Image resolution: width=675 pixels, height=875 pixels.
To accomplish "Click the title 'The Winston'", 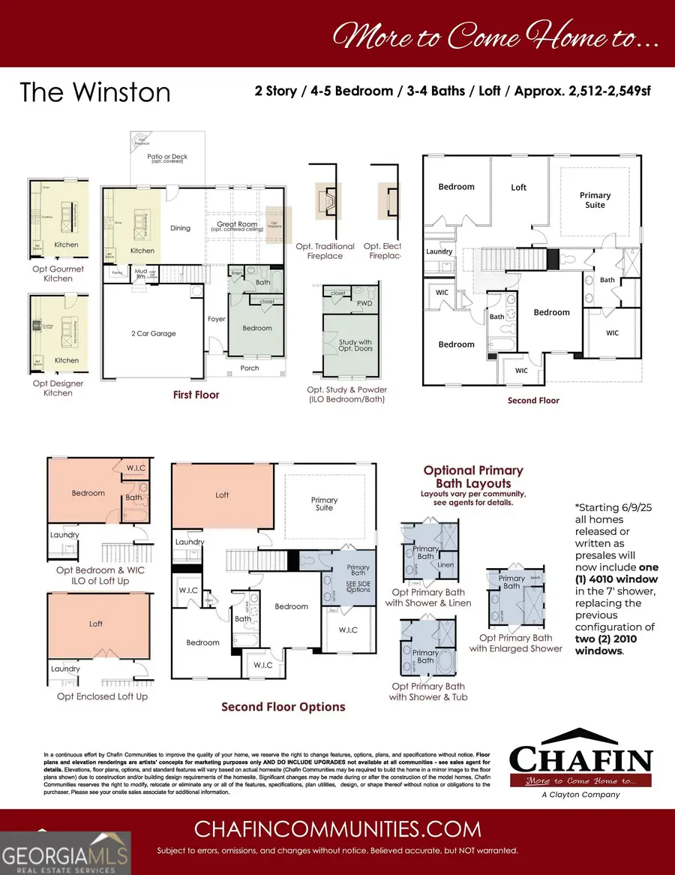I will [95, 92].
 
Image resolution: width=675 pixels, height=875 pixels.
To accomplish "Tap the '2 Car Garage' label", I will [151, 333].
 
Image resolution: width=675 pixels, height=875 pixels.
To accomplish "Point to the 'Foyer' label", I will [217, 319].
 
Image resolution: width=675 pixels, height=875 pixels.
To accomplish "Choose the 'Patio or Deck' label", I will [168, 158].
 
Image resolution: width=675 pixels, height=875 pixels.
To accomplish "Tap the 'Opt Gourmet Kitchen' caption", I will [58, 274].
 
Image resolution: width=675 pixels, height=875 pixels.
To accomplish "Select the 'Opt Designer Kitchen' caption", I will [58, 388].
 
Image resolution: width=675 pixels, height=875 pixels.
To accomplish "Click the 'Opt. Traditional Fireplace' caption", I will [325, 251].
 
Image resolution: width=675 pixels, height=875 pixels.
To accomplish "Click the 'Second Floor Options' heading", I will [283, 707].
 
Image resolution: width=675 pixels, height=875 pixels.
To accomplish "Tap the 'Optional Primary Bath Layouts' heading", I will [473, 477].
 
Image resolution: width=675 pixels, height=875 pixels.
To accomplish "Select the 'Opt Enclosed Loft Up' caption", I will [103, 696].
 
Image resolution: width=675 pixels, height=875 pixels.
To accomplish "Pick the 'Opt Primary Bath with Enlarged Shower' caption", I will [516, 643].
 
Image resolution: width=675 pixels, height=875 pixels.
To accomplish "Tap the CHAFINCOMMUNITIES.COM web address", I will [337, 828].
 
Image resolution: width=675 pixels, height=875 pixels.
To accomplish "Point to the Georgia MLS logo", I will [65, 852].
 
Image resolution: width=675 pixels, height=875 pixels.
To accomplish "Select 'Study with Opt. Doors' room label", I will [355, 345].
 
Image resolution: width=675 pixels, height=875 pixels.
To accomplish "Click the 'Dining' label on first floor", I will [180, 228].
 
